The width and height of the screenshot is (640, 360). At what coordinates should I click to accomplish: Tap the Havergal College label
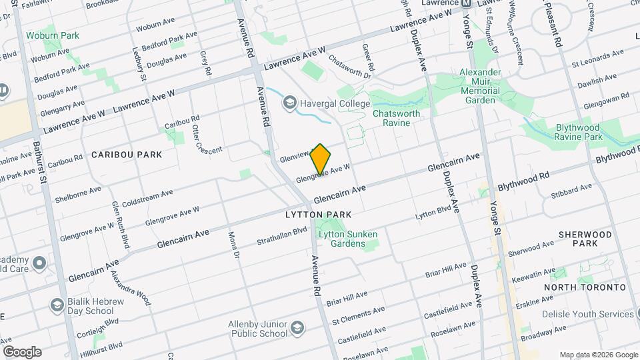click(x=335, y=103)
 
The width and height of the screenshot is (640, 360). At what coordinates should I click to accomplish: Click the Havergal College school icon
click(x=290, y=103)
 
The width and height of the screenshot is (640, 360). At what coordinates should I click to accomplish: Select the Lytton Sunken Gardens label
click(x=348, y=239)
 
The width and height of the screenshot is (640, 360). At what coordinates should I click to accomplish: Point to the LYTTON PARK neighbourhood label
click(x=318, y=215)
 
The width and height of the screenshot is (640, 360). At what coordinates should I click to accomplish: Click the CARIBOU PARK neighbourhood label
click(x=127, y=155)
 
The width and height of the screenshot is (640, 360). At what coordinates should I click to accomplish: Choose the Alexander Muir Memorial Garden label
click(x=489, y=86)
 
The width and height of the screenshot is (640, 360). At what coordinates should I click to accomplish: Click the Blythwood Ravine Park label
click(x=578, y=131)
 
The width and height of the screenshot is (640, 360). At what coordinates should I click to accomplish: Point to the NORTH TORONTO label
click(x=585, y=287)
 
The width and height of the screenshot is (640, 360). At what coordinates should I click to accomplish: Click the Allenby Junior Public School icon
click(x=297, y=327)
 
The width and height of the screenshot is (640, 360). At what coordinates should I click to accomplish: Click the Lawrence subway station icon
click(x=467, y=3)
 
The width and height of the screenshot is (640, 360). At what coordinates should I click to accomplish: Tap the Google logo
click(x=22, y=351)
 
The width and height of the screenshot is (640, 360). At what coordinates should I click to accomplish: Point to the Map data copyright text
click(x=597, y=355)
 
